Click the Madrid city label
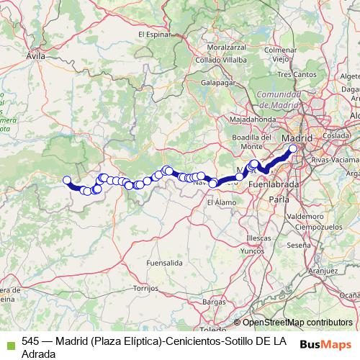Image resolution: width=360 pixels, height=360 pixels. tap(298, 138)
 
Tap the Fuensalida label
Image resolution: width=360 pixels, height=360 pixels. tap(164, 264)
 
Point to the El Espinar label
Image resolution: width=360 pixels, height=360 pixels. tap(153, 34)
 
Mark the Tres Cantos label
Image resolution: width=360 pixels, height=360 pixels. tap(296, 74)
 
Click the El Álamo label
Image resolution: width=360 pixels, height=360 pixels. tap(219, 203)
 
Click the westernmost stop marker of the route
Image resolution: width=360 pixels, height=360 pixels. tap(67, 181)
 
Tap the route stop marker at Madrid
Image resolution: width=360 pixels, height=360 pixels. tap(293, 149)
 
